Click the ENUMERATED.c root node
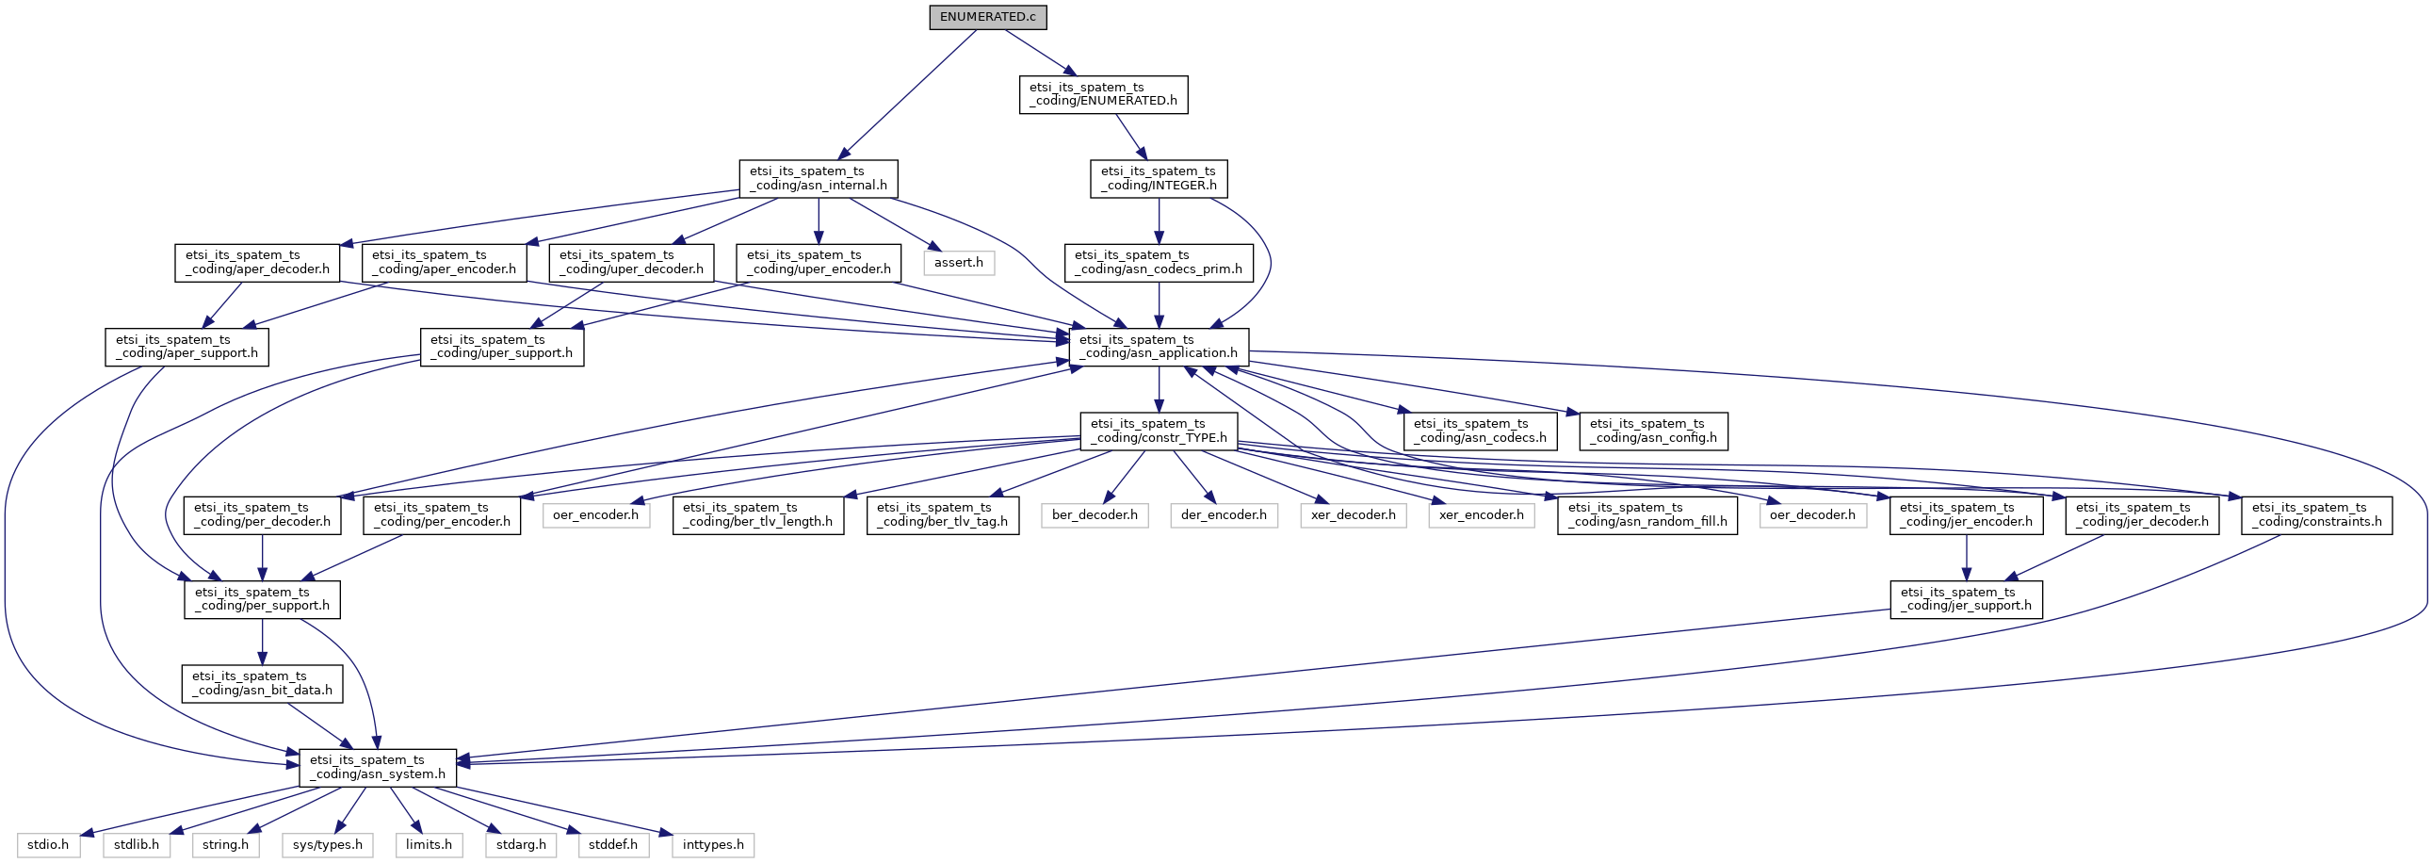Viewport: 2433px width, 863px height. [x=987, y=17]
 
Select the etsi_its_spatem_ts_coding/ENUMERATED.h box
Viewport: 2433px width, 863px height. [x=1103, y=94]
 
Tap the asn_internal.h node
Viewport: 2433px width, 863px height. [x=818, y=178]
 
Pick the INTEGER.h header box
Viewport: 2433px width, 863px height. [x=1159, y=178]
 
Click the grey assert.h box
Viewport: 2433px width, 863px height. [x=959, y=263]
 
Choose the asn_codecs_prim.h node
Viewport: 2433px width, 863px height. [x=1158, y=263]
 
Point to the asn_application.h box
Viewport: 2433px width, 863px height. [x=1159, y=347]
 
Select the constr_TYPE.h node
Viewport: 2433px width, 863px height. [x=1159, y=431]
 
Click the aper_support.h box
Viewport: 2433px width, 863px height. [x=187, y=347]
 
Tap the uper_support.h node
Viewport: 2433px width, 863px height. [x=501, y=347]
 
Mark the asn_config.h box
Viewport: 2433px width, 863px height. [x=1653, y=431]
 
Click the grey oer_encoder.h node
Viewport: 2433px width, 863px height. [x=596, y=514]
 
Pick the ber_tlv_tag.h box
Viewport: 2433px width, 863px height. [x=943, y=514]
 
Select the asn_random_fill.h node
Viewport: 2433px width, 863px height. [x=1647, y=514]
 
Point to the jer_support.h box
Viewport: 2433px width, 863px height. [x=1967, y=599]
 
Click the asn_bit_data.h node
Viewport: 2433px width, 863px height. [x=263, y=684]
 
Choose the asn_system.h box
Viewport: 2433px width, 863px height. [x=378, y=768]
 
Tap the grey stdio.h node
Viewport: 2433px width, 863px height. [x=48, y=845]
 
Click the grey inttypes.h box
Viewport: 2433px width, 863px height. [x=713, y=845]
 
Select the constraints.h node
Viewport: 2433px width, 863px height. [x=2316, y=514]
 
